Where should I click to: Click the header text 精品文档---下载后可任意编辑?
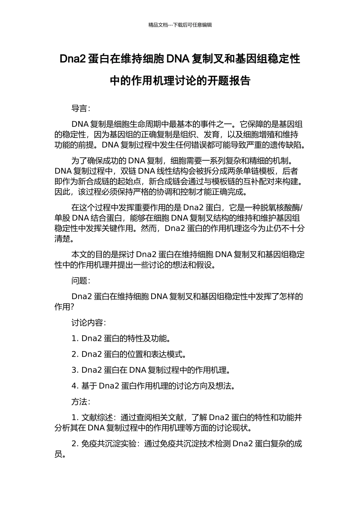coord(180,25)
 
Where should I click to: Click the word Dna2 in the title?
coord(73,59)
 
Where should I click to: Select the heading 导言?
coord(81,108)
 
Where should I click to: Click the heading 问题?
coord(81,281)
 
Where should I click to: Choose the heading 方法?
coord(81,401)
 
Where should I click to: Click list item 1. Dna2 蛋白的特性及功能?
coord(121,338)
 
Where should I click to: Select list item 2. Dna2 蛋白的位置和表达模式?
coord(129,354)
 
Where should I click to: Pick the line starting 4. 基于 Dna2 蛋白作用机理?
coord(153,386)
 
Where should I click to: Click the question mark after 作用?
coord(72,307)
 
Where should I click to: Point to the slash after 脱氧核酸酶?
coord(302,208)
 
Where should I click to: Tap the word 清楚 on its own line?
coord(63,239)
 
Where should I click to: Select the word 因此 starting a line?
coord(63,192)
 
